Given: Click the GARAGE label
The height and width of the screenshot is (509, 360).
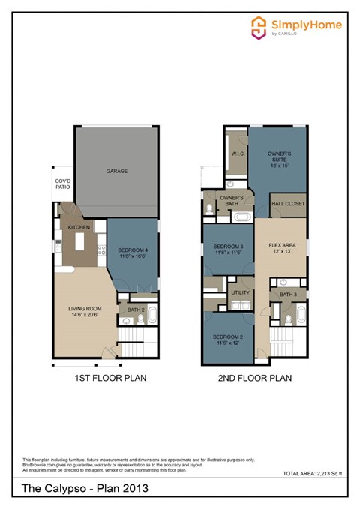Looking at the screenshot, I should [116, 171].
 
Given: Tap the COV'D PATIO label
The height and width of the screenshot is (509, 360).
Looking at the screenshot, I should [62, 184].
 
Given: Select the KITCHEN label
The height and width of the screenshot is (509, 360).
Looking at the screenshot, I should [79, 226].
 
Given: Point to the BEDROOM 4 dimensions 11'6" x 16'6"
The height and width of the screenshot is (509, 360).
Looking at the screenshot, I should [132, 256].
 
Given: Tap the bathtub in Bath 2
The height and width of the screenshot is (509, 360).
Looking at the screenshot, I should [152, 313].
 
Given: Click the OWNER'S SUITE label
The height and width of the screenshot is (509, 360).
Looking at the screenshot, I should [279, 157].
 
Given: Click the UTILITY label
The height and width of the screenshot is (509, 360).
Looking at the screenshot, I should [241, 292].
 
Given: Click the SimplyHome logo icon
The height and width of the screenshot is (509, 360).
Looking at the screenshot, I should [259, 27].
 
